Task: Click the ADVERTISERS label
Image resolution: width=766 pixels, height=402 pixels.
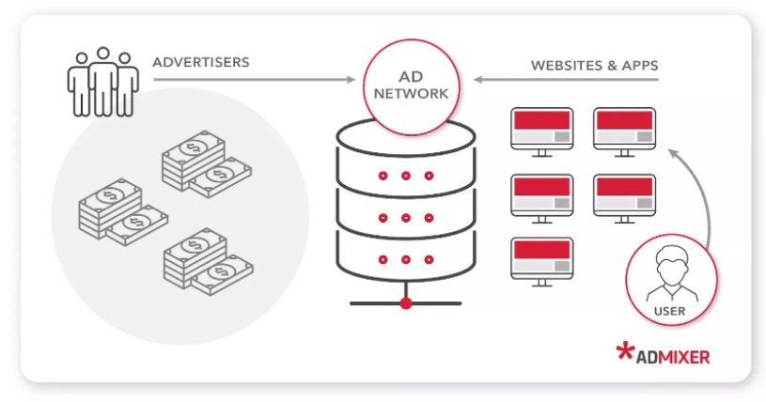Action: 201,62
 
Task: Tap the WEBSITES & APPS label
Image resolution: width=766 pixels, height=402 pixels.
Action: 595,66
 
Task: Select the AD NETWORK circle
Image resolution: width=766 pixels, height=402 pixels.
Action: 411,87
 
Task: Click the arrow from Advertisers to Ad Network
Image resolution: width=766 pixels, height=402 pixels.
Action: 255,79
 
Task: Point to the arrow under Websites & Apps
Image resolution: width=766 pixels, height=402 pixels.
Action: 566,79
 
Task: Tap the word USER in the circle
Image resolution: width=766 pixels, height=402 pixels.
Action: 670,311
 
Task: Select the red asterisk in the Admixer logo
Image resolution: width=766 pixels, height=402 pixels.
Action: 625,350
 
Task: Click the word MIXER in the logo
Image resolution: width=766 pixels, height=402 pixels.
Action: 683,357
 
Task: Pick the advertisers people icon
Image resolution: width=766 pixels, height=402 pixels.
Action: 103,82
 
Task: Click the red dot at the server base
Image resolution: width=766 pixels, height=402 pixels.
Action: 405,303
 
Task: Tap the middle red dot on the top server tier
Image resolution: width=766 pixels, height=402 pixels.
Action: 405,176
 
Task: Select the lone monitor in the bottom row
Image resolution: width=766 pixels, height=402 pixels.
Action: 541,261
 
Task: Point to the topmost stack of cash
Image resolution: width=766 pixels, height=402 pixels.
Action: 207,163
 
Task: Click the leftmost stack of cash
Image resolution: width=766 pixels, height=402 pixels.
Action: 123,211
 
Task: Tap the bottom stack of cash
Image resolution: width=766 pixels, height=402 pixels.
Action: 208,261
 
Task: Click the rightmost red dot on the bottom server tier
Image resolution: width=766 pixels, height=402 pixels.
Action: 429,259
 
